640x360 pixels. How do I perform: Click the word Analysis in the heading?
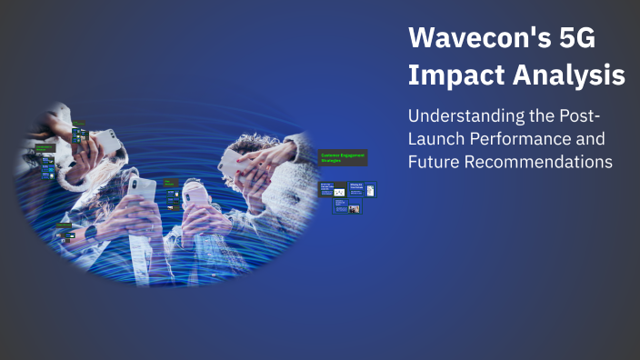pos(570,75)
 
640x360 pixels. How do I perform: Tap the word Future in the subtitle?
pos(435,163)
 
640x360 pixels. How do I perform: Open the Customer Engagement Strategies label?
pos(343,158)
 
